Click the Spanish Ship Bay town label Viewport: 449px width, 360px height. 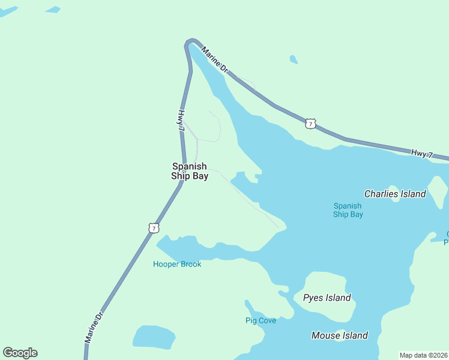190,171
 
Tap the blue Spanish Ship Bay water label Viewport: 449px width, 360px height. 348,210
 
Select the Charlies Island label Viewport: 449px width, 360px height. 395,194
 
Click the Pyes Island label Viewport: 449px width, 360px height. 327,298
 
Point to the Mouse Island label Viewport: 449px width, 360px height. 339,335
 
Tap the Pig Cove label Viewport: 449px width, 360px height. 261,320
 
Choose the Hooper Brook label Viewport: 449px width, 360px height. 176,264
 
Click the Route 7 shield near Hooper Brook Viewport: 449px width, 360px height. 154,228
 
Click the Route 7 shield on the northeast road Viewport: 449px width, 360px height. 310,124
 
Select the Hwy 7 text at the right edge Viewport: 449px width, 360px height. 422,154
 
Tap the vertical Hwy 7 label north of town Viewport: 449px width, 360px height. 181,120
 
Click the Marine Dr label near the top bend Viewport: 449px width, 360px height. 215,60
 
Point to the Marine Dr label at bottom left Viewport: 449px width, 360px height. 94,326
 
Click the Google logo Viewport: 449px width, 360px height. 20,353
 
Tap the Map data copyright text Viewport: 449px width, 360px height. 423,355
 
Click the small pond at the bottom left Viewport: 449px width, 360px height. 153,337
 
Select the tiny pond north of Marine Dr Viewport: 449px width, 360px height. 293,59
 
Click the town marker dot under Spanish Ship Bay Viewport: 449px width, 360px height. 183,171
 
